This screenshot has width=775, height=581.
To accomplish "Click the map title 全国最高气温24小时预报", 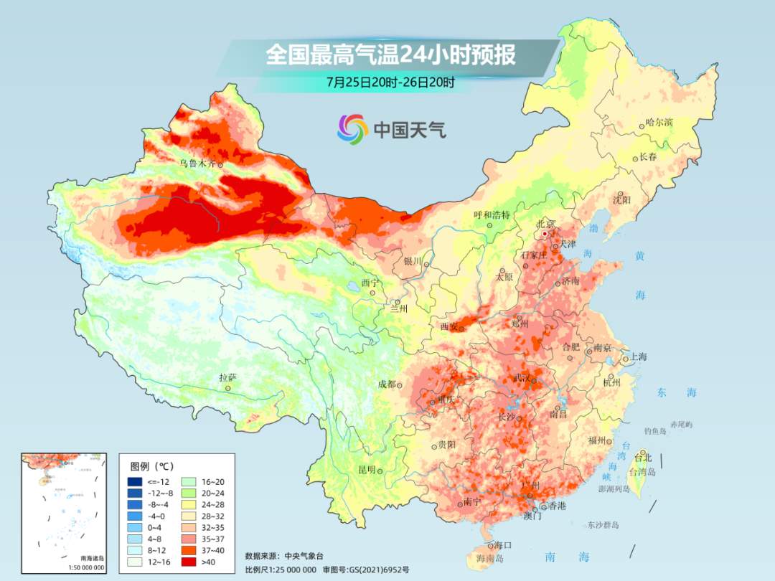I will coord(390,55).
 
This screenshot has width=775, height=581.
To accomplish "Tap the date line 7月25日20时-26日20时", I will coord(390,82).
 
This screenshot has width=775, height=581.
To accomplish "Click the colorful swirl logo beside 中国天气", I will coord(352,129).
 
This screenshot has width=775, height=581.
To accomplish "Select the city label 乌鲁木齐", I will coord(197,164).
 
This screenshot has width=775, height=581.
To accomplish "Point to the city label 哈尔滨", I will coord(659,123).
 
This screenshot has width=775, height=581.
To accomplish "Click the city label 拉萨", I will coord(227,377).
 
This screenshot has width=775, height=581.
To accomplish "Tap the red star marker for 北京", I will coord(545,234).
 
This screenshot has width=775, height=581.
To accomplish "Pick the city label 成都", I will coord(386,384).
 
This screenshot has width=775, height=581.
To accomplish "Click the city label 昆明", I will coord(367,470).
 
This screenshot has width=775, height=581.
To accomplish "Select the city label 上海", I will coord(638,356).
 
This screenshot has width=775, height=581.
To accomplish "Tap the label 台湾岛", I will coord(642,472).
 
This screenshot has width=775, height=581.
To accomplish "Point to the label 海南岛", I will coord(490,558).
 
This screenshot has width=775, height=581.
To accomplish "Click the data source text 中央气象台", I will coord(304,556).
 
